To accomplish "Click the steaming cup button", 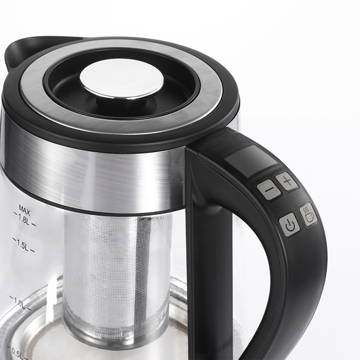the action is click(x=309, y=215).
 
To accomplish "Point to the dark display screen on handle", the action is click(x=251, y=161).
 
